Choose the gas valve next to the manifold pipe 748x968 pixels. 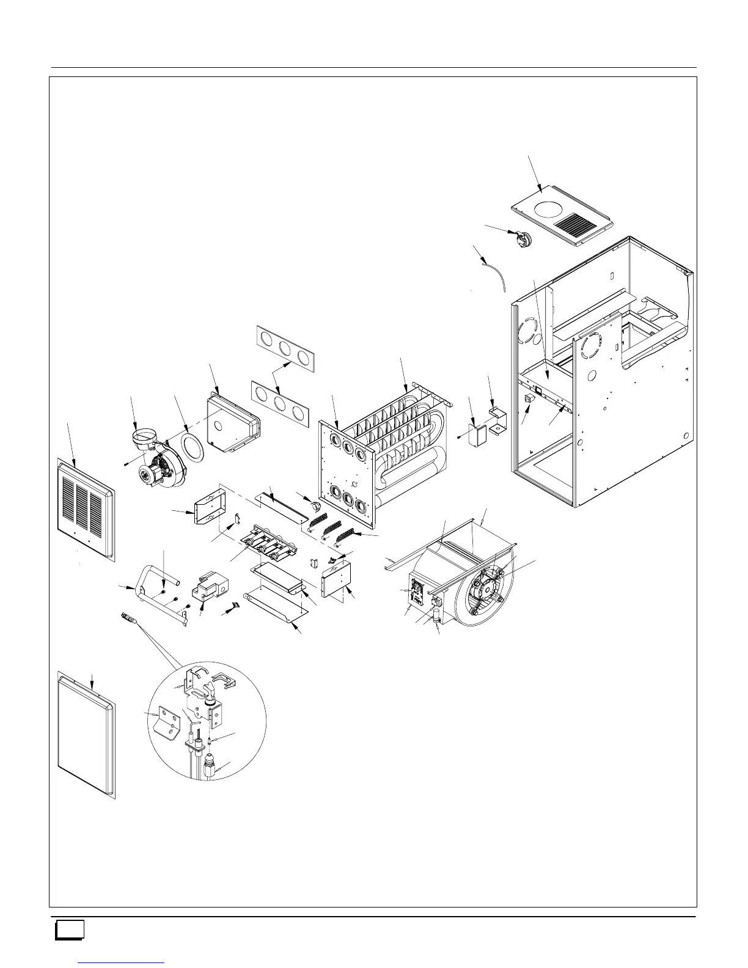point(207,587)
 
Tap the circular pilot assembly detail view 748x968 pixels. point(208,721)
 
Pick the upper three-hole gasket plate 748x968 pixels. point(285,349)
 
